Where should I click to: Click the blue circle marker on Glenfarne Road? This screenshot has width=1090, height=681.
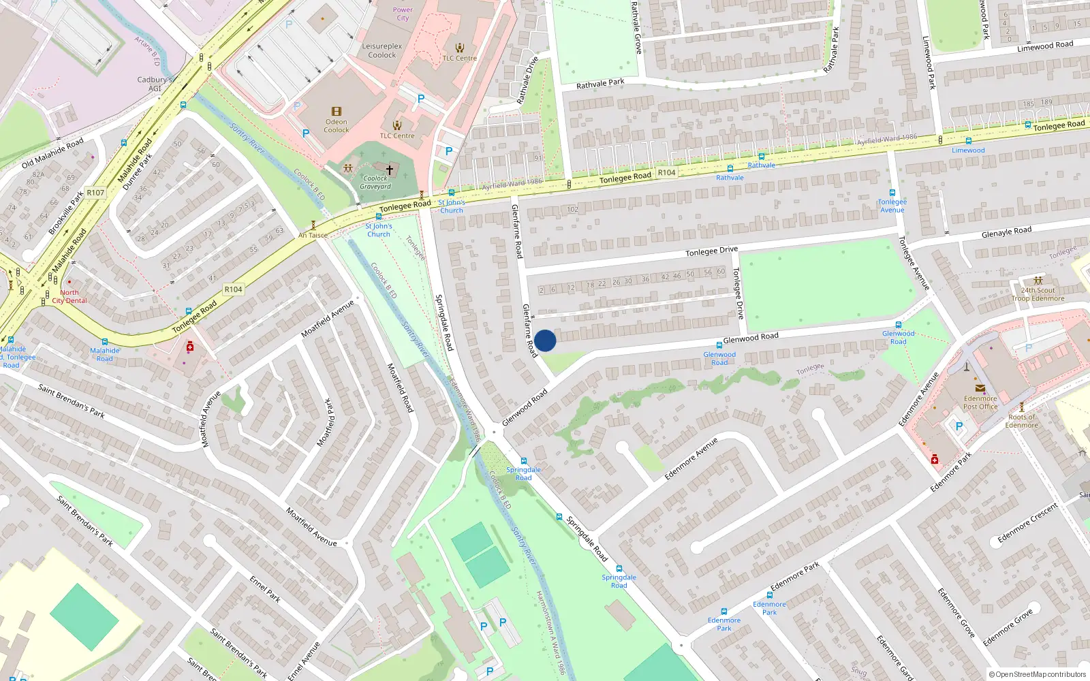tap(545, 340)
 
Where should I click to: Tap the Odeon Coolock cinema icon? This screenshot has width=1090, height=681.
tap(336, 112)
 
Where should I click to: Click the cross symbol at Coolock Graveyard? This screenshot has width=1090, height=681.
tap(390, 170)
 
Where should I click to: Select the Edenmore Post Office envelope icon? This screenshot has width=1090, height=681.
tap(980, 388)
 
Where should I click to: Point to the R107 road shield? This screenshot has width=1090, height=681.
tap(95, 193)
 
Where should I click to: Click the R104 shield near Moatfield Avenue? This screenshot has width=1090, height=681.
tap(233, 289)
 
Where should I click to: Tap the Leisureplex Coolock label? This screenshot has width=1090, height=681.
tap(382, 50)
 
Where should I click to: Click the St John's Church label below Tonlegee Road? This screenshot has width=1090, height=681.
tap(379, 230)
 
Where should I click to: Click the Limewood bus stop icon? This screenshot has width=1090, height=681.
tap(968, 141)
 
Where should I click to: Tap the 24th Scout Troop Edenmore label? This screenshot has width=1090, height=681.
tap(1038, 294)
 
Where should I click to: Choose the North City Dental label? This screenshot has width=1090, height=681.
tap(69, 296)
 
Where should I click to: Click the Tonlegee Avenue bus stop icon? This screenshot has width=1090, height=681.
tap(892, 193)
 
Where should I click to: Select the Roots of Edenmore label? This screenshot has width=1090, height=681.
tap(1022, 421)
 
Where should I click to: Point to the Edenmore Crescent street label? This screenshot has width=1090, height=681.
tap(1027, 524)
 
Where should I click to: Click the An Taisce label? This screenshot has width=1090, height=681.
tap(313, 236)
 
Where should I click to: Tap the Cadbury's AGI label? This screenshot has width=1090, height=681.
tap(155, 84)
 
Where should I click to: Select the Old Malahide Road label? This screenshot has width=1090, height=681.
tap(52, 153)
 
